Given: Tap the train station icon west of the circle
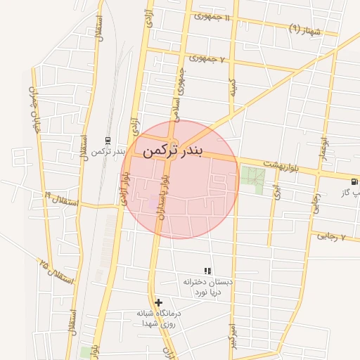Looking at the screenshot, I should (107, 140).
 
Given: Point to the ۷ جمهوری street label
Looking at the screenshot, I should (206, 60).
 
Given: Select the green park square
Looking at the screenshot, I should (252, 179).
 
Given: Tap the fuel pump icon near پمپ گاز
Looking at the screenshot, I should (351, 178).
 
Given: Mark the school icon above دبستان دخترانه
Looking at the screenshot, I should (207, 271).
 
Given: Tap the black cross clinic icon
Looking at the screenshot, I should (158, 302).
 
